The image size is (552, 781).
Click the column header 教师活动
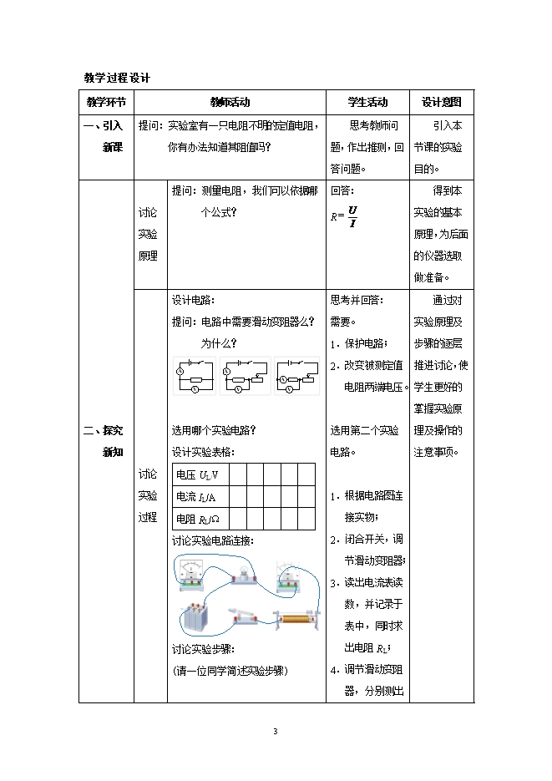(230, 103)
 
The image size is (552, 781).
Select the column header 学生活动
(367, 103)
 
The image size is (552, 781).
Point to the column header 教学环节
(106, 103)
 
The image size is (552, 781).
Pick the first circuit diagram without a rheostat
(195, 376)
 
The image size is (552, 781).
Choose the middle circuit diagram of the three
(245, 376)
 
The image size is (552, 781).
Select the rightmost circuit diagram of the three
(296, 376)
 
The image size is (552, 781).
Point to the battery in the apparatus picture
(198, 619)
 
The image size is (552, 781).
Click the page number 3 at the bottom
(275, 733)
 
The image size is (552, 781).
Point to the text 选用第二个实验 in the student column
(364, 431)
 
